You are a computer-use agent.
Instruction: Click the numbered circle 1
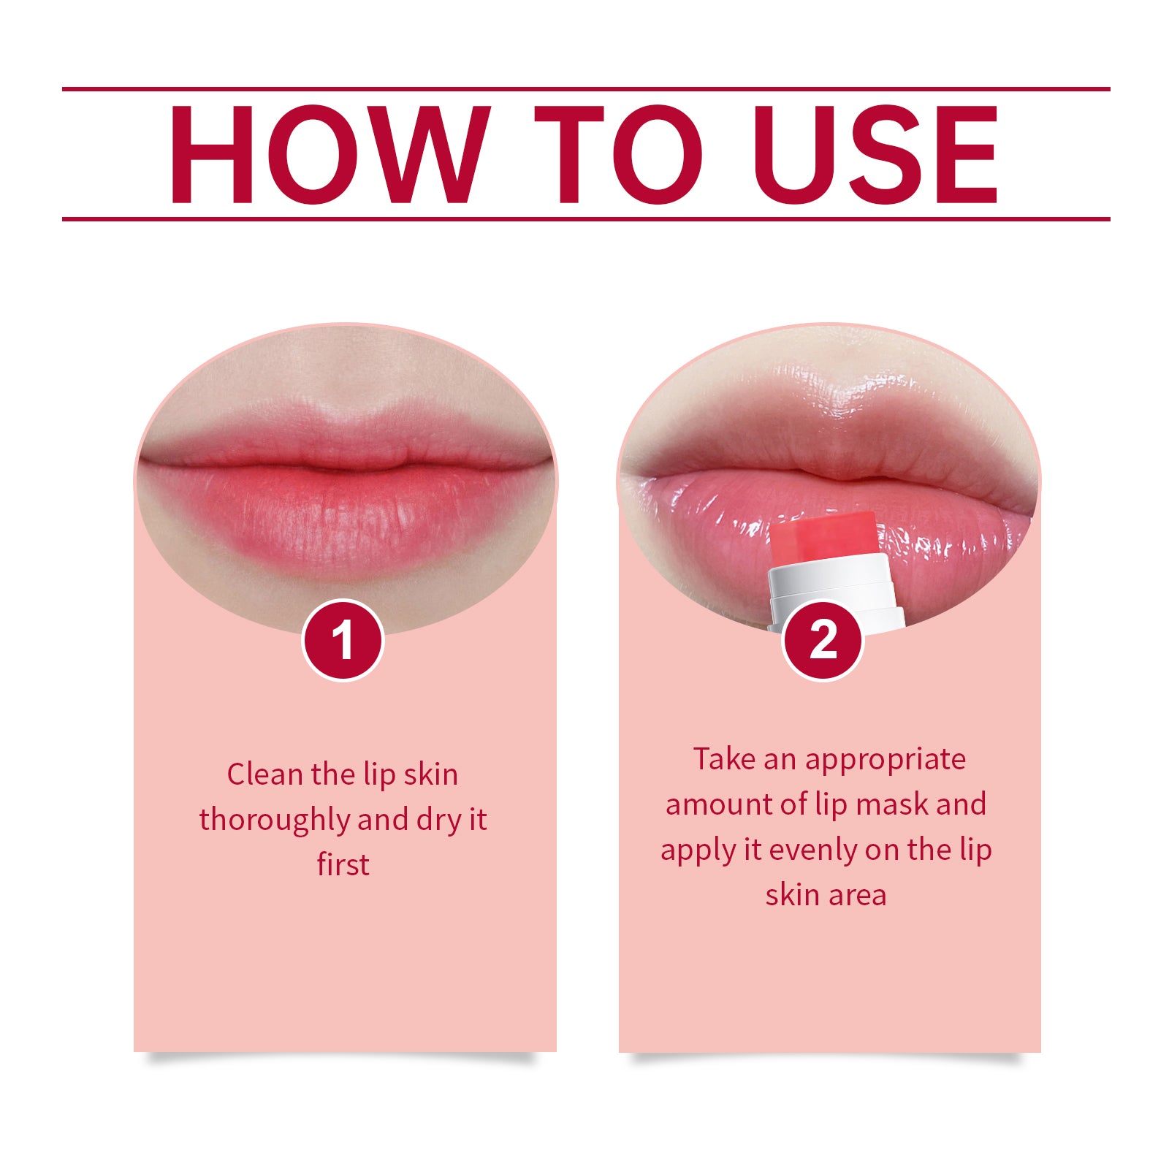click(343, 641)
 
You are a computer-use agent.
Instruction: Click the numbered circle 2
click(823, 641)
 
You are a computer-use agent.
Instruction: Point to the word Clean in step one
click(264, 774)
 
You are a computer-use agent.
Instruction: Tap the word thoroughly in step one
click(275, 820)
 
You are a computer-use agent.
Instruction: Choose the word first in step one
click(343, 865)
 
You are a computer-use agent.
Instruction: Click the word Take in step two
click(724, 760)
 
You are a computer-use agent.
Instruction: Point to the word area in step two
click(856, 896)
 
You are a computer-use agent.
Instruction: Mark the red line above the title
click(584, 89)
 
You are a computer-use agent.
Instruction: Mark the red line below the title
click(584, 218)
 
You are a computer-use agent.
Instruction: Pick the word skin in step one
click(431, 774)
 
